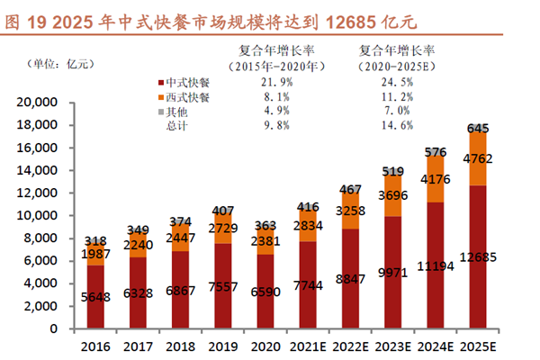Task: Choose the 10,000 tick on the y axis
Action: (x=39, y=216)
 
